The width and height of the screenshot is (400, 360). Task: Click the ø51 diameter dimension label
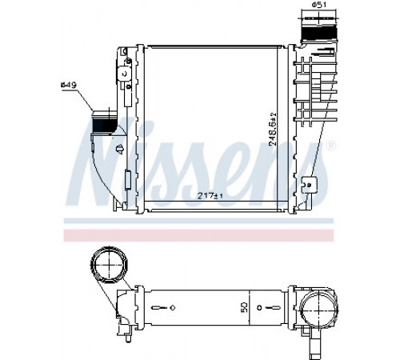(319, 5)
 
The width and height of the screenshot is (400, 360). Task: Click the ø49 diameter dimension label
(69, 85)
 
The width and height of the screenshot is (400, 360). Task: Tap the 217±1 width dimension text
(210, 196)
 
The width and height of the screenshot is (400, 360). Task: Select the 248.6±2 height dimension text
(273, 129)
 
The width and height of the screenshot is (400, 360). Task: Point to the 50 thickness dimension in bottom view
(245, 307)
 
